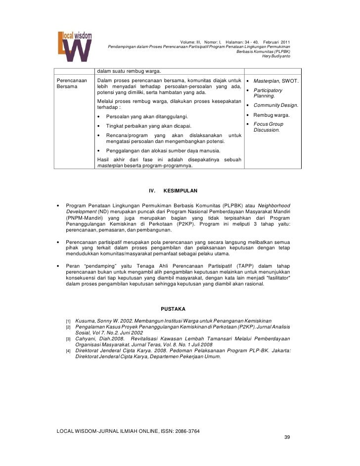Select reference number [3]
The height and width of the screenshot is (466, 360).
(69, 339)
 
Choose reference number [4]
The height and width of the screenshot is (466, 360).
(69, 350)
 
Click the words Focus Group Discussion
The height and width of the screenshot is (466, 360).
(269, 127)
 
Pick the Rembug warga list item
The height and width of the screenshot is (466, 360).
(271, 116)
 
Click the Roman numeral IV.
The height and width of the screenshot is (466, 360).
(152, 190)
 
